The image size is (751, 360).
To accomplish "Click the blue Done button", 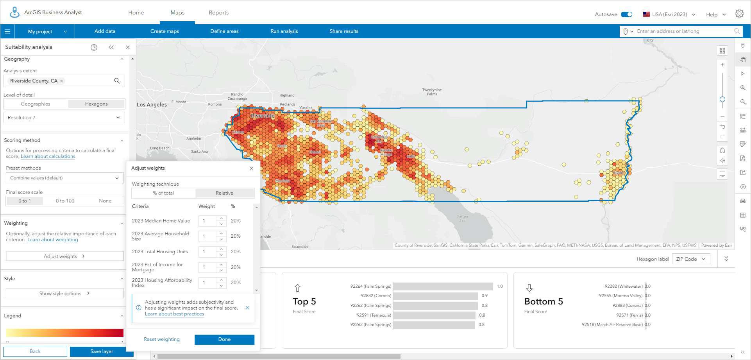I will [x=224, y=339].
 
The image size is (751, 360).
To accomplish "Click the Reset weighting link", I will [x=162, y=339].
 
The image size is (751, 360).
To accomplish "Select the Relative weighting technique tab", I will [x=224, y=193].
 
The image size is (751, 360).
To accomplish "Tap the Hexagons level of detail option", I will [x=96, y=104].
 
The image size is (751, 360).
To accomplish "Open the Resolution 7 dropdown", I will [x=64, y=118].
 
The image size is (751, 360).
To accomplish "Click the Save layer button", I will [x=102, y=351].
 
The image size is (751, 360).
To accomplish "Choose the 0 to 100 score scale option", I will [x=65, y=201].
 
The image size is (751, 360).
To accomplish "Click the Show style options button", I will [x=64, y=294].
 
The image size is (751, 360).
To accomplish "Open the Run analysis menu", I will [x=284, y=31].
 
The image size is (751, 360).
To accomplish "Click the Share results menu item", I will [x=344, y=31].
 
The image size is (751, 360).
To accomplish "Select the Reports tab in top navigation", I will [x=218, y=13].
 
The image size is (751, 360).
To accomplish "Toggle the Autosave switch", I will [x=627, y=14].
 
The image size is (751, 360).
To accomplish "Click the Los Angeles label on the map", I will [x=152, y=105].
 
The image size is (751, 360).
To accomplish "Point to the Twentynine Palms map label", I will [x=432, y=92].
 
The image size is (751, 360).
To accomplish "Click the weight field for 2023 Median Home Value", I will [x=207, y=221].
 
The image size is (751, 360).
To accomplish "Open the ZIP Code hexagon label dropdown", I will [x=691, y=259].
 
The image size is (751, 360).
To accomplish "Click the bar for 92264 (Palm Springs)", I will [x=443, y=287].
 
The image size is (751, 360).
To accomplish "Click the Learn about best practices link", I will [x=174, y=314].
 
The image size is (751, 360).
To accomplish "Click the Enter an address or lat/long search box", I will [x=684, y=31].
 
